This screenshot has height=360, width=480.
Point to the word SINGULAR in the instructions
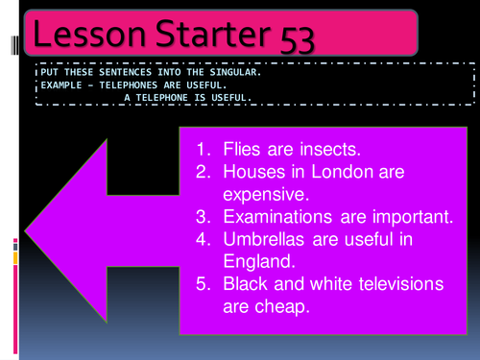(x=227, y=71)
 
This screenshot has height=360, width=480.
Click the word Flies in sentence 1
(x=242, y=151)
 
